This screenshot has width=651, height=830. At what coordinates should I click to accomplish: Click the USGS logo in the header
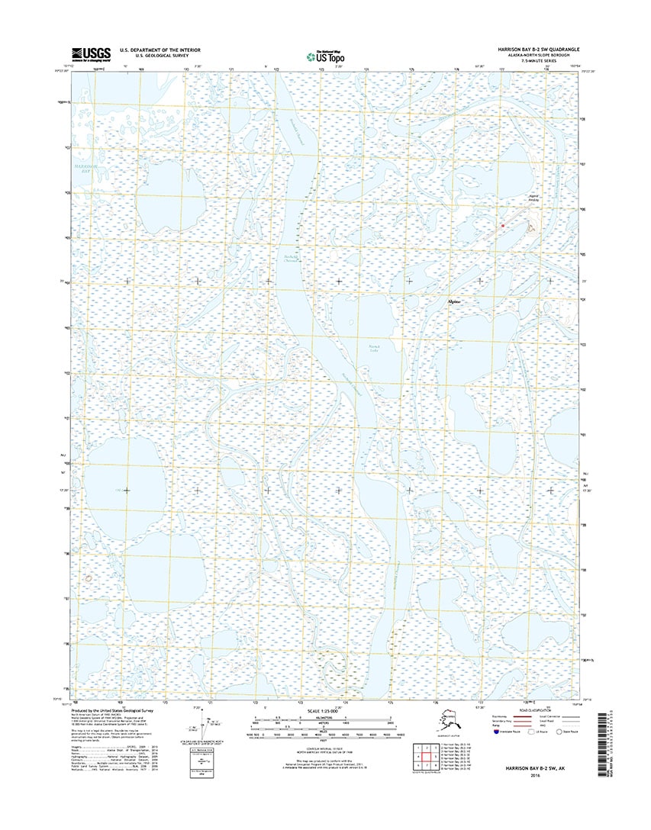pyautogui.click(x=90, y=53)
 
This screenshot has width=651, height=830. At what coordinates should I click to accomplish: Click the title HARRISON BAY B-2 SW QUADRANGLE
pyautogui.click(x=532, y=48)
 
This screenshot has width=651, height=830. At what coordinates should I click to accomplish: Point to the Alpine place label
pyautogui.click(x=453, y=302)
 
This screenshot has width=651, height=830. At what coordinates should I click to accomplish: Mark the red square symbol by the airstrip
pyautogui.click(x=503, y=226)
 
